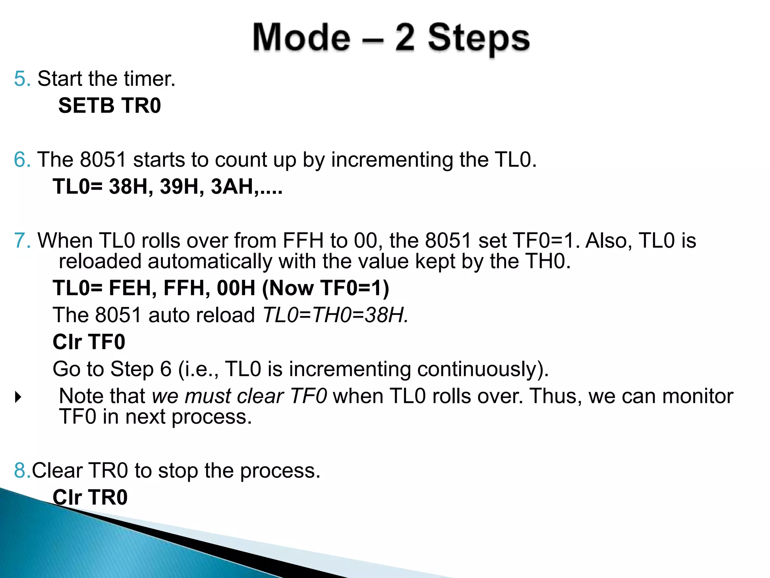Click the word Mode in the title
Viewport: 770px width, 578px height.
tap(301, 38)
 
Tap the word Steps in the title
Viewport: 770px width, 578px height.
tap(479, 38)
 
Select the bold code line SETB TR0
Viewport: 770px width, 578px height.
tap(109, 105)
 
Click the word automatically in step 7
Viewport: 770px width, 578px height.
tap(209, 261)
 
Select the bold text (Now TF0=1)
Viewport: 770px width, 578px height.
tap(325, 288)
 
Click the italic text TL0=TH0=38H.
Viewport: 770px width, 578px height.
tap(335, 315)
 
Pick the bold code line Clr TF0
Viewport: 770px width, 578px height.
tap(89, 342)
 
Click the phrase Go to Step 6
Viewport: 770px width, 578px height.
tap(112, 369)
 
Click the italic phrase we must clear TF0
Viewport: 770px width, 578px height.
tap(239, 396)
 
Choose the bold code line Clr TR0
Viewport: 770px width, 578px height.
tap(90, 497)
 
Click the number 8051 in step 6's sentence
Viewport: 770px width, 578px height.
tap(103, 160)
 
